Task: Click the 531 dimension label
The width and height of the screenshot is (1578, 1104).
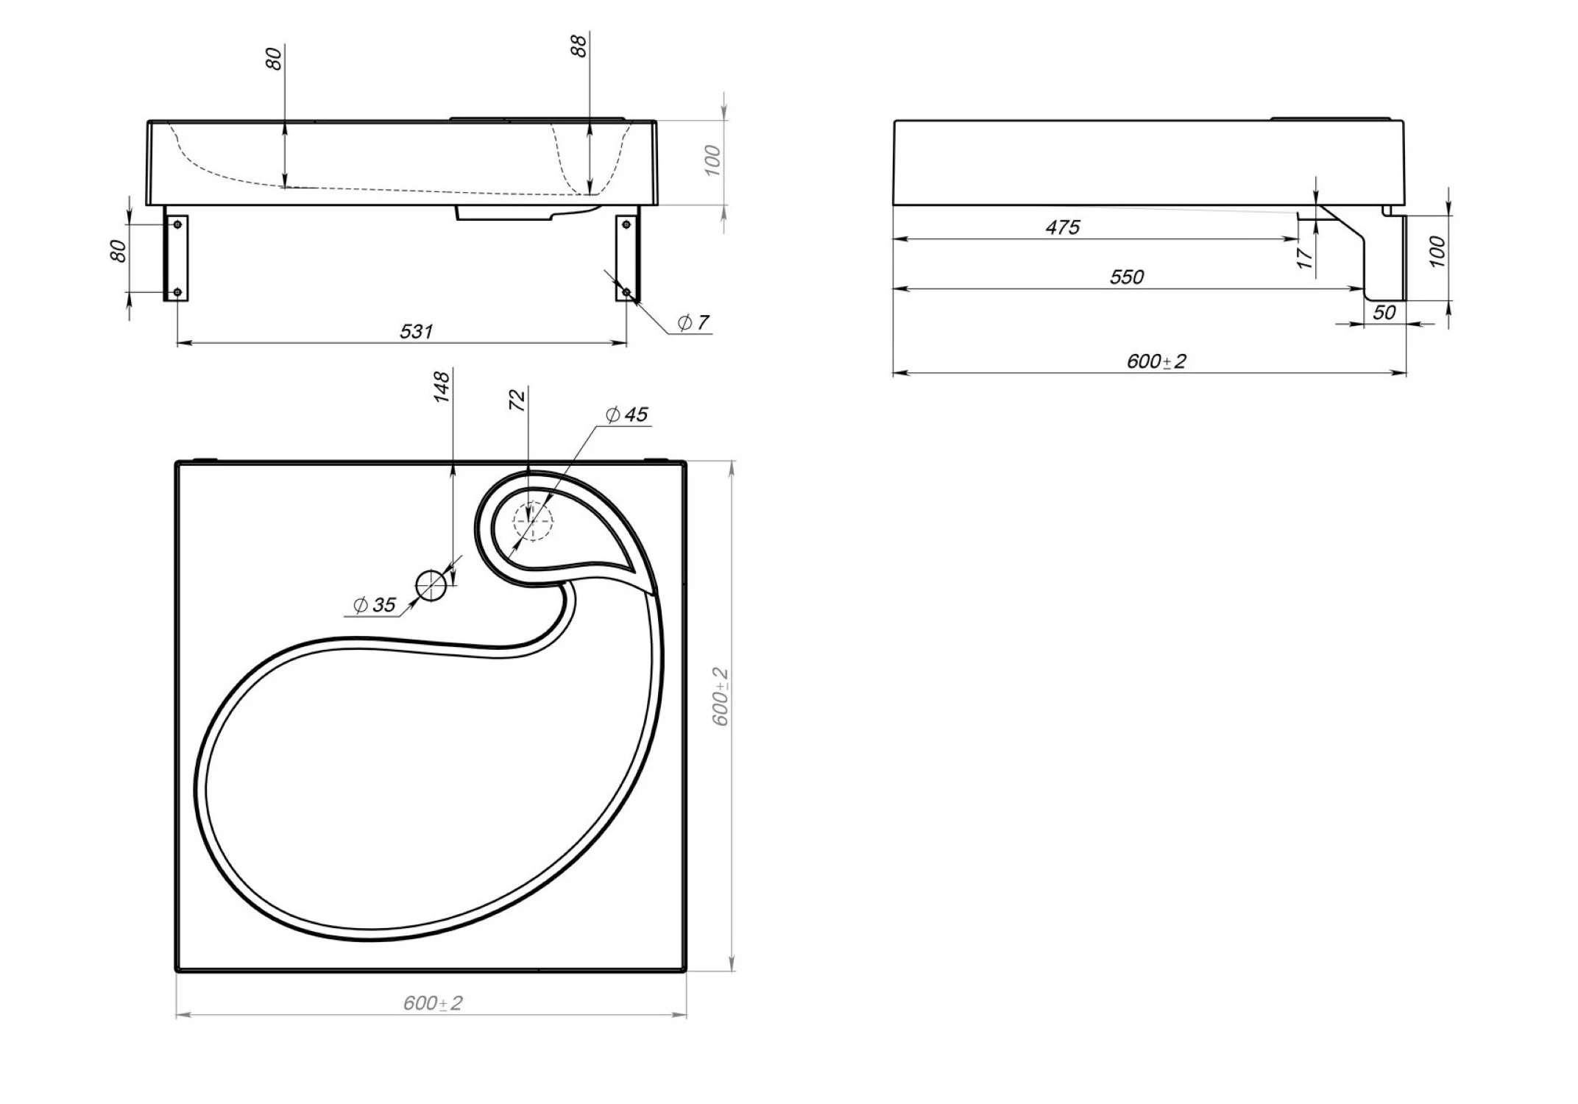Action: tap(416, 331)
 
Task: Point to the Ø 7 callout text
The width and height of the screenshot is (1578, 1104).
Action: tap(693, 322)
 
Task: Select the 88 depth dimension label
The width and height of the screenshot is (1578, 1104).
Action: tap(579, 46)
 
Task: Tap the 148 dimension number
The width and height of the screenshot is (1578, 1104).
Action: tap(442, 387)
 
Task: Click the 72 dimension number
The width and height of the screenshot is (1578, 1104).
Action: tap(518, 400)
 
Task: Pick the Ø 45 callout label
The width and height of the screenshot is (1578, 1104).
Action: tap(626, 415)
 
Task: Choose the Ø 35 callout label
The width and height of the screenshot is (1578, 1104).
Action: tap(375, 605)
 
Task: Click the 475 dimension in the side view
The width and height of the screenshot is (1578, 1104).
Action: tap(1063, 227)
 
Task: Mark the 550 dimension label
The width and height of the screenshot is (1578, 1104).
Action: tap(1127, 277)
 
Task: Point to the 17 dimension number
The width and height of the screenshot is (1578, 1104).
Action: tap(1304, 258)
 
